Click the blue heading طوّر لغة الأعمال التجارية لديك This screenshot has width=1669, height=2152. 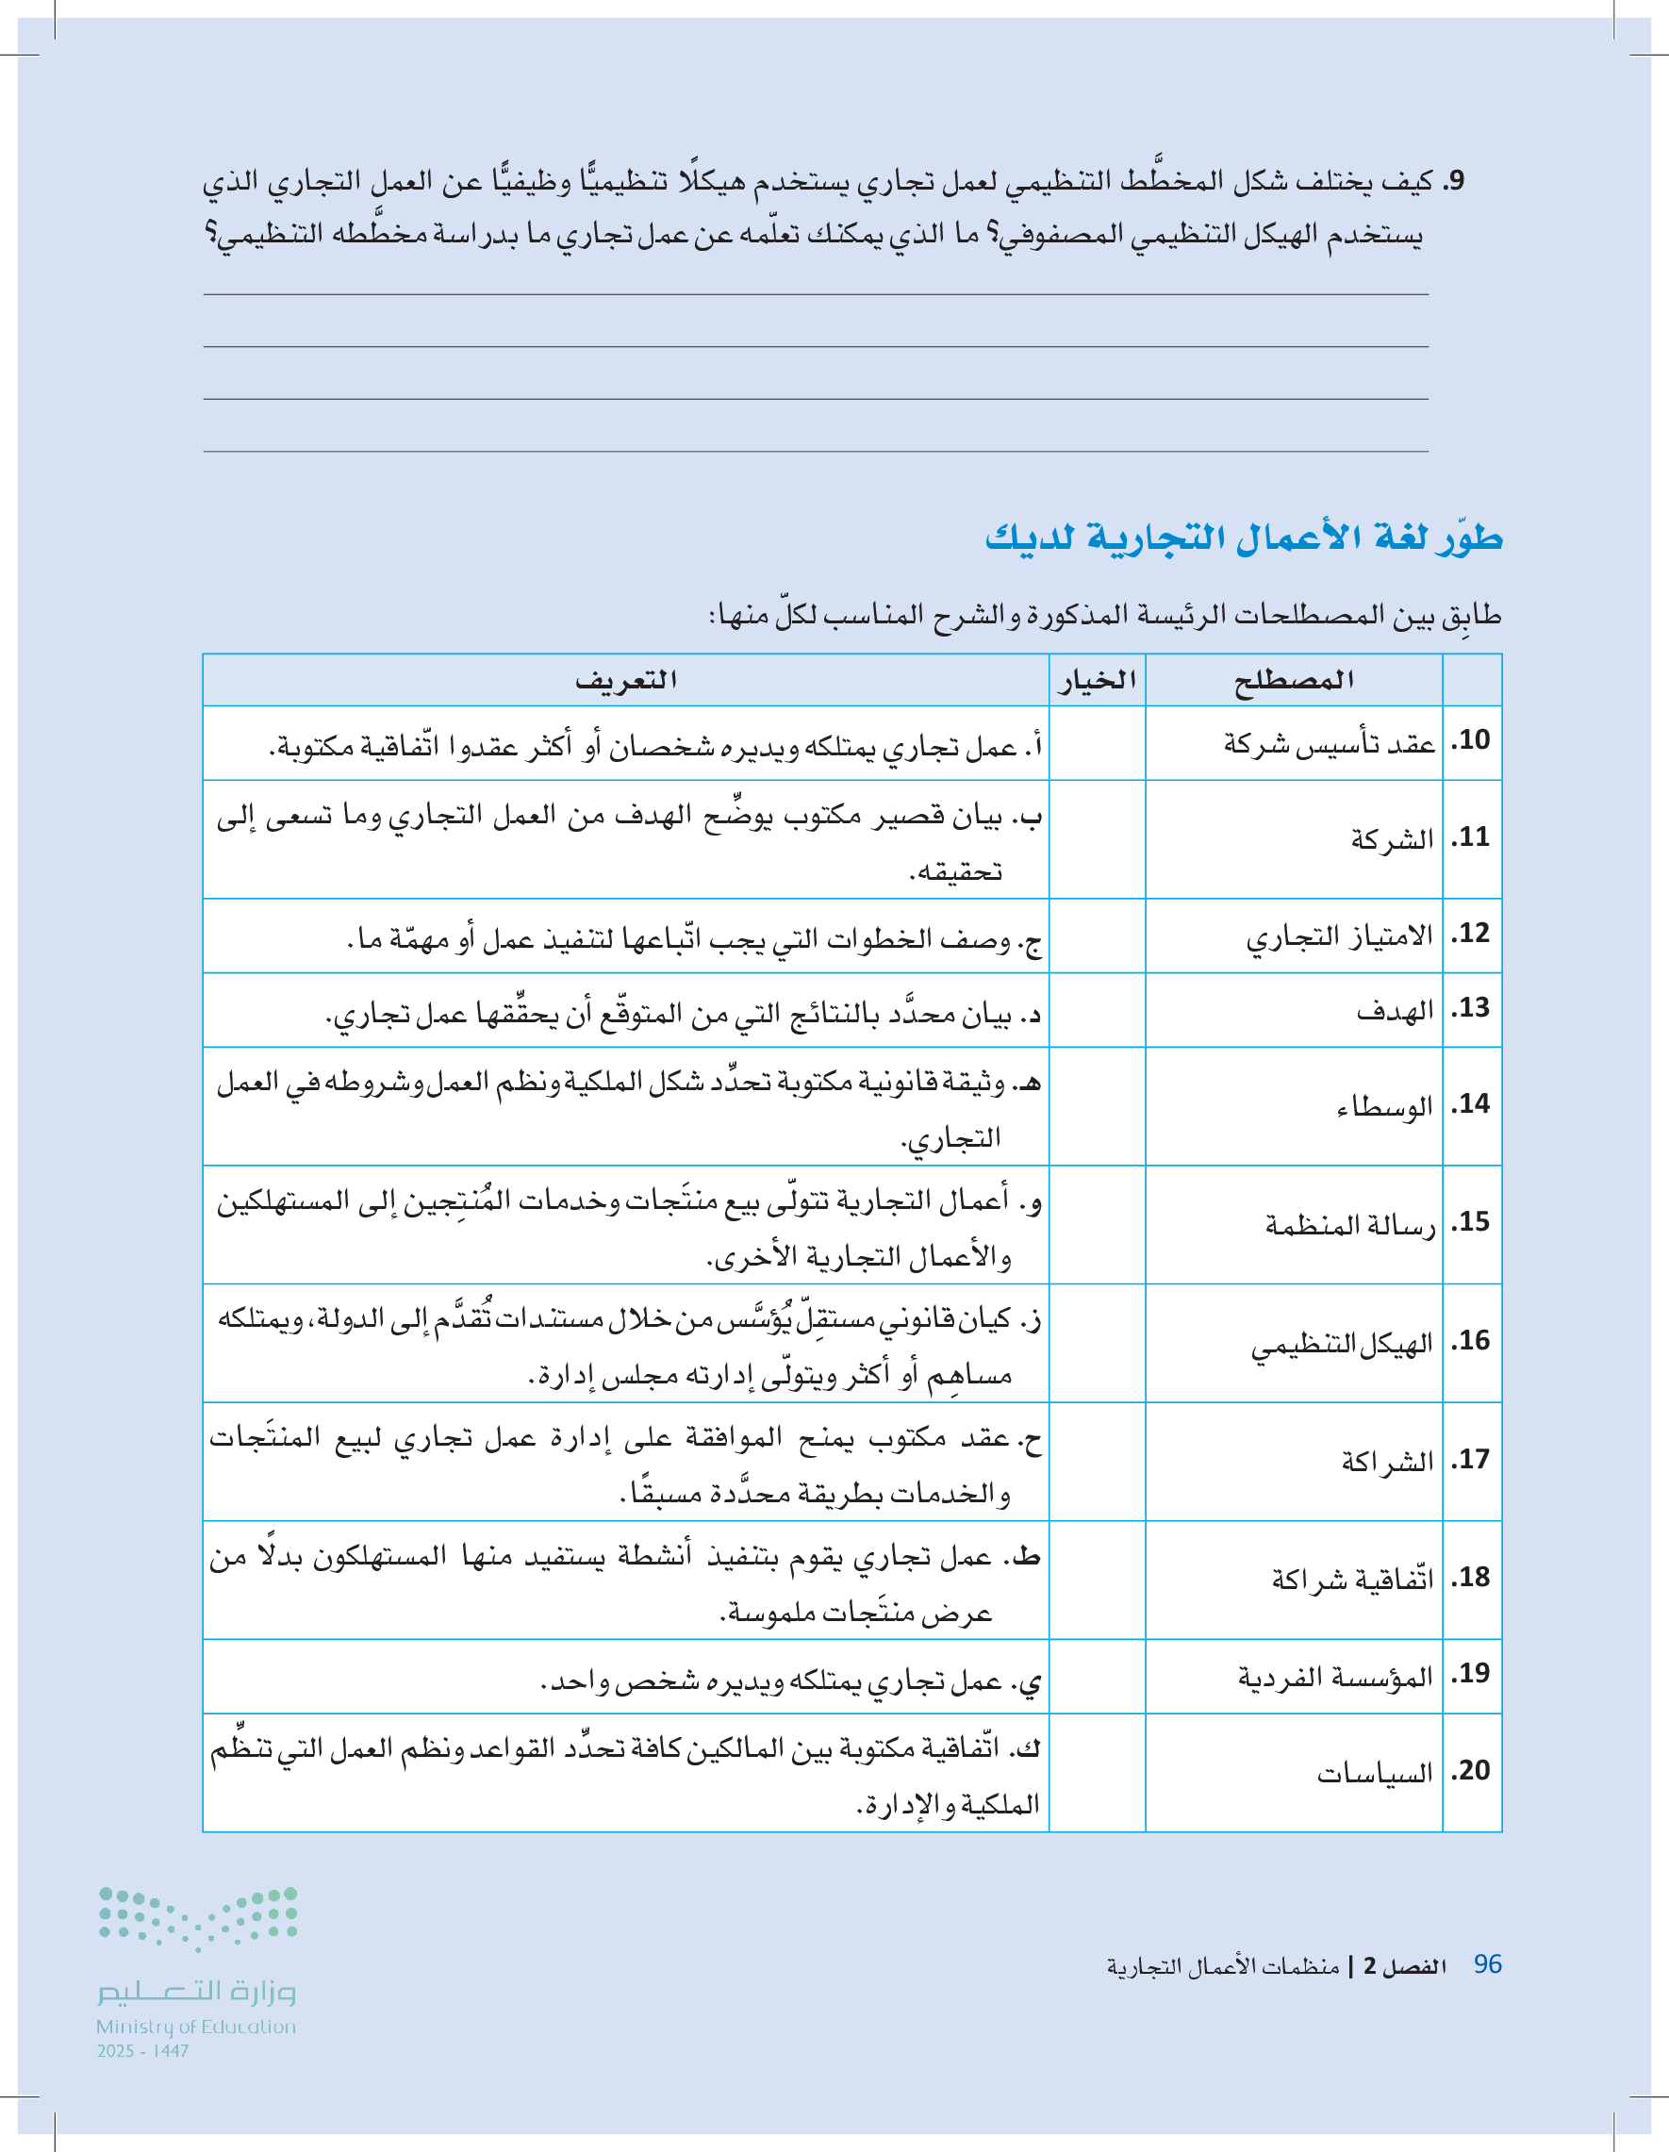pos(1244,538)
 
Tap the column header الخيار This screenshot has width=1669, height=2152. pos(1097,680)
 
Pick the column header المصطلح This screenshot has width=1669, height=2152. pos(1294,680)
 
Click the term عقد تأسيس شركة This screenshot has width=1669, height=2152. pos(1330,743)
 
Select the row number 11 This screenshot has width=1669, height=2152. pos(1471,837)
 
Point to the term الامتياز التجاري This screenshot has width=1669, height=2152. pos(1339,935)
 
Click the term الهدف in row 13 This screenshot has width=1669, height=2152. pos(1394,1009)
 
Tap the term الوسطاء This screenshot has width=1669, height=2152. pos(1384,1105)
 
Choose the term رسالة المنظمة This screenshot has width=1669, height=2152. pos(1349,1224)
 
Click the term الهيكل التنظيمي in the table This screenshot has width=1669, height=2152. pos(1342,1343)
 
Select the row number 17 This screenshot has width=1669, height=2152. pos(1471,1459)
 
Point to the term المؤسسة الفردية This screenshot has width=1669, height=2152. pos(1335,1675)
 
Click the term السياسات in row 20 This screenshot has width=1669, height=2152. pos(1375,1773)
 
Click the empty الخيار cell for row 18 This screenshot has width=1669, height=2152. pos(1097,1580)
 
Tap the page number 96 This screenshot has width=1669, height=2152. pos(1487,1964)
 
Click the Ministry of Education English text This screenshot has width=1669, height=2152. pos(196,2027)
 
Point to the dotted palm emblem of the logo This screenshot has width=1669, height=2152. pos(198,1917)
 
